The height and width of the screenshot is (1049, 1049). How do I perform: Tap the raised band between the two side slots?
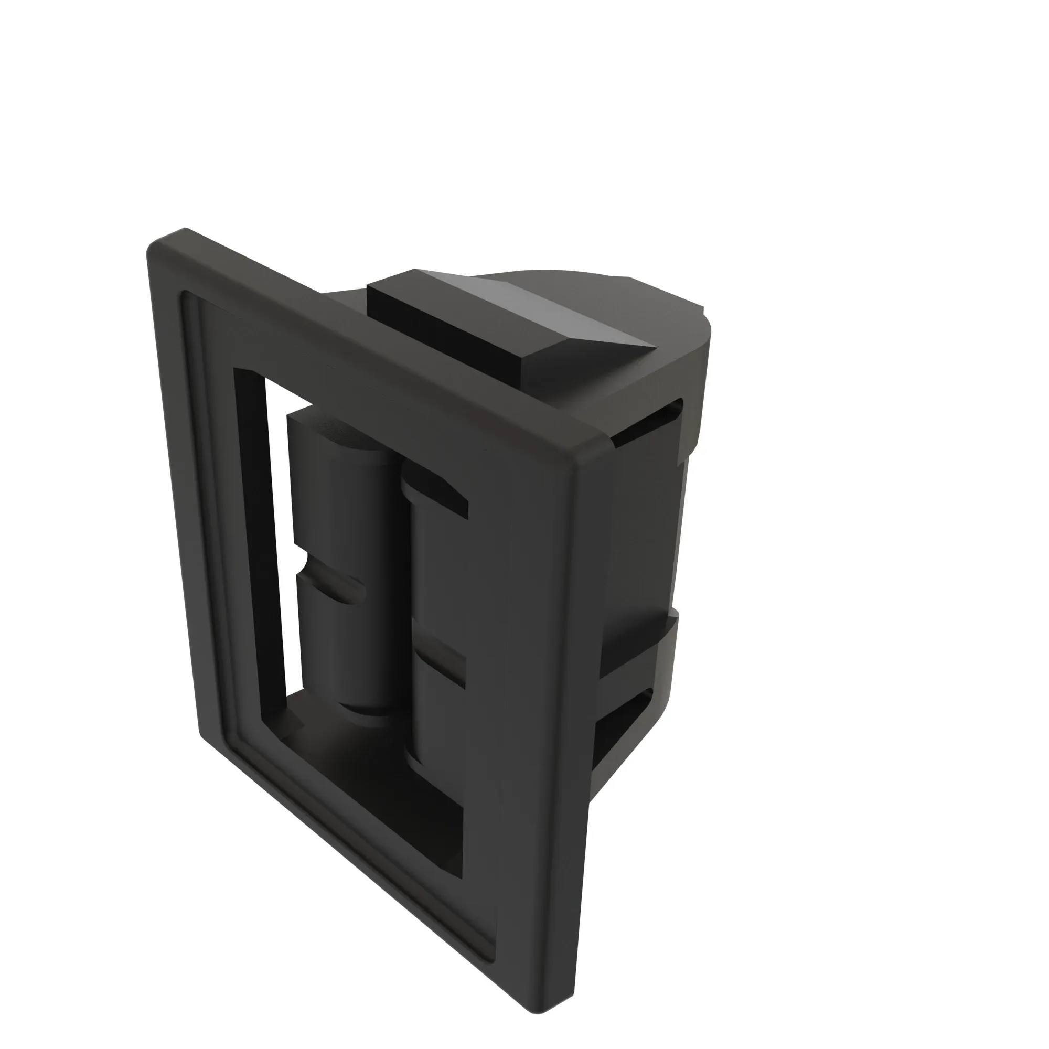point(641,646)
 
